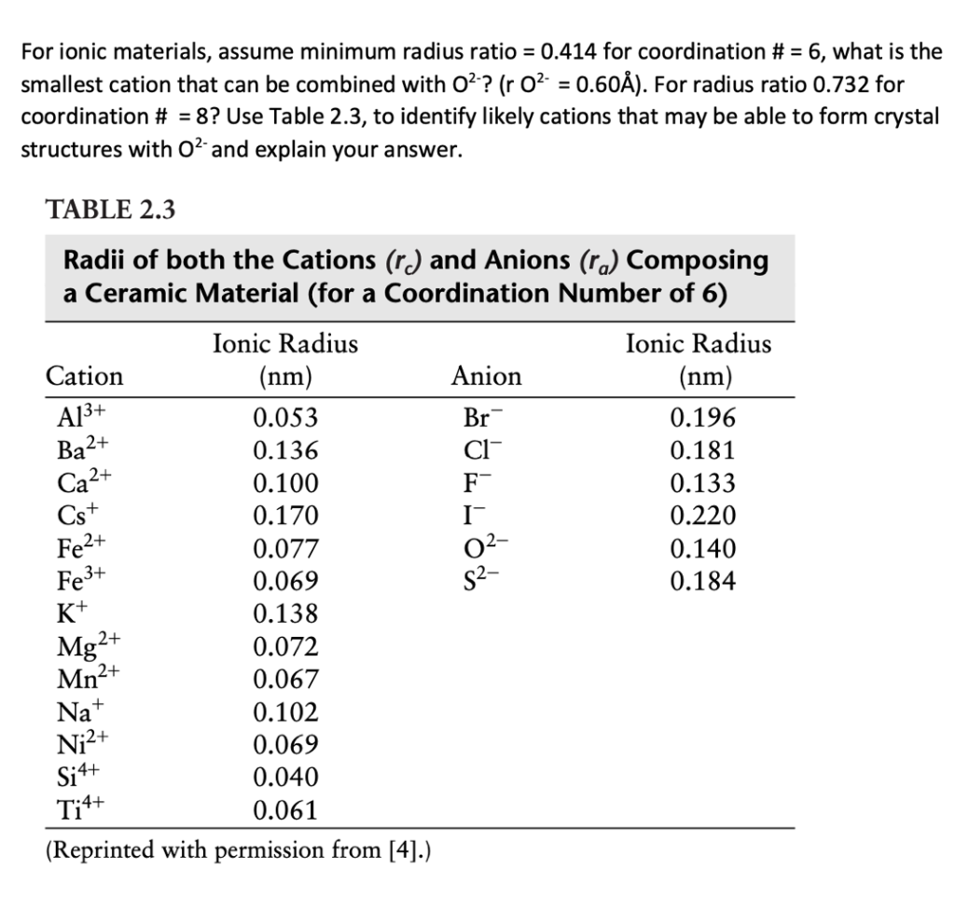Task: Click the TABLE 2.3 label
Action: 110,210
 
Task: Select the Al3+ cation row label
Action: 75,417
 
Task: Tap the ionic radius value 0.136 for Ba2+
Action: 285,450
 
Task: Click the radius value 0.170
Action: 285,516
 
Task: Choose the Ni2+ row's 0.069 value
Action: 285,744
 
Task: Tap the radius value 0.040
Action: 285,777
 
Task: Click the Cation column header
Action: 84,376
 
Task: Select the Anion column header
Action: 486,376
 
